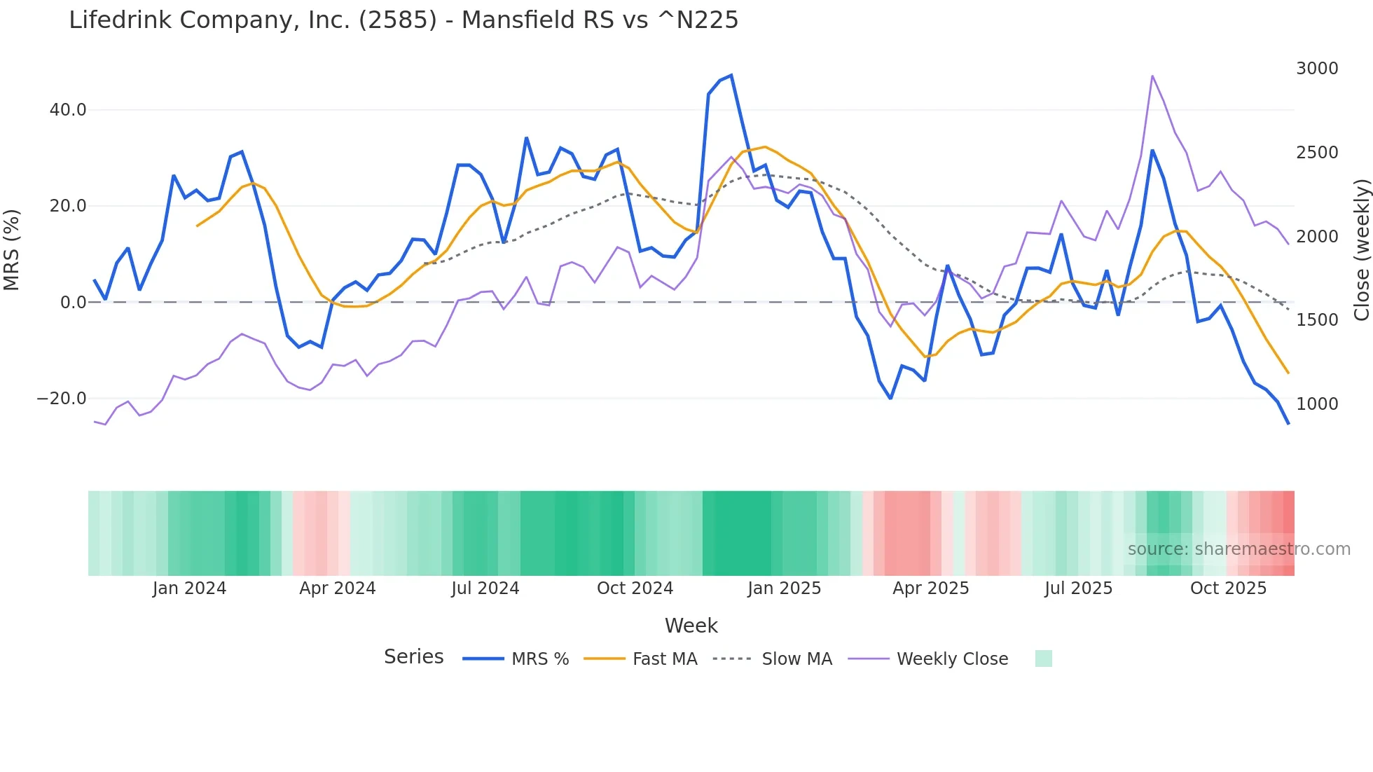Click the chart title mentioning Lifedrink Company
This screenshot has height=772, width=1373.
[x=403, y=20]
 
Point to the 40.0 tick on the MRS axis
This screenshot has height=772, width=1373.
[x=68, y=110]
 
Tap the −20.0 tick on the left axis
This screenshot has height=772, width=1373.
[x=62, y=399]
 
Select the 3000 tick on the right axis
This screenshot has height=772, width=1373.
[x=1317, y=69]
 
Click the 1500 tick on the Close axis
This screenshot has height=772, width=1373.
[x=1317, y=320]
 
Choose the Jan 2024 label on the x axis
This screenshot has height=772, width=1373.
[x=189, y=588]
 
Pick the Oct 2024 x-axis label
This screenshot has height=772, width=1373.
[x=635, y=588]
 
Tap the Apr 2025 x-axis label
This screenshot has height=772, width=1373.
[x=930, y=588]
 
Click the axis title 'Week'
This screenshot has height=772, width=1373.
[x=691, y=626]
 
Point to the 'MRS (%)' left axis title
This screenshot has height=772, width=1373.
[x=12, y=249]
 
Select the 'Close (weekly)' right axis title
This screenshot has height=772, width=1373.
[x=1361, y=250]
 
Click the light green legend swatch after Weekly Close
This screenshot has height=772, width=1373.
[x=1043, y=659]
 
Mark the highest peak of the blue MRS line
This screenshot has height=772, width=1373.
[x=731, y=75]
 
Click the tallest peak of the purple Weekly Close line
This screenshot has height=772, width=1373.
[x=1152, y=76]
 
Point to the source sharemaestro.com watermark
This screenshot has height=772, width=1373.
[x=1239, y=549]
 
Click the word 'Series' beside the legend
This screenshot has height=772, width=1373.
[x=413, y=657]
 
